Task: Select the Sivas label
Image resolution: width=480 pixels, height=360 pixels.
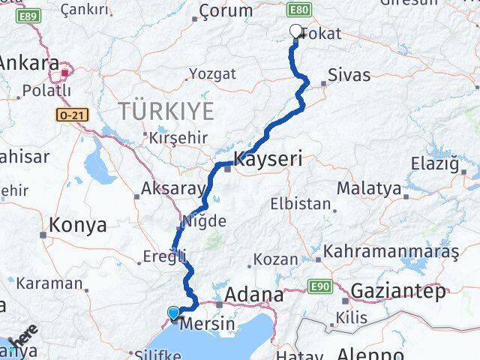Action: point(346,76)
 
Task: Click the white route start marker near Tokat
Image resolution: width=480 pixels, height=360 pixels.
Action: point(295,31)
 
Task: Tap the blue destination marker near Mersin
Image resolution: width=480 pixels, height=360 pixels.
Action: point(174,313)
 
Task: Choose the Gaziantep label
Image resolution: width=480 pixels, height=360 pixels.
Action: point(397,290)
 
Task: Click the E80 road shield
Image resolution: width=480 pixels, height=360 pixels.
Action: point(298,10)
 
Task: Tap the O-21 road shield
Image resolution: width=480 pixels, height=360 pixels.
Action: point(67,115)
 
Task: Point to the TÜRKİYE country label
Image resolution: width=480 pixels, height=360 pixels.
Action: point(166,112)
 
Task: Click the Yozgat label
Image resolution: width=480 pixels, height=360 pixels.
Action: point(212,73)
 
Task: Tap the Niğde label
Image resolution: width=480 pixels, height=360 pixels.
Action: point(202,221)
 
